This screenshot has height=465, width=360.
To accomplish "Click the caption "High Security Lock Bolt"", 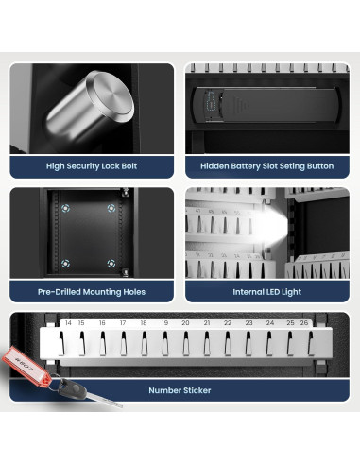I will coord(92,166).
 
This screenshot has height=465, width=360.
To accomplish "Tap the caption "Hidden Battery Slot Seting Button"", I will coord(267,166).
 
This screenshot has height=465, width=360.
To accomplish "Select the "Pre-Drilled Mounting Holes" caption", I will coord(92,292).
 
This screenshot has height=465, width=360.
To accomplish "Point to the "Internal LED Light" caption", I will coord(267,292).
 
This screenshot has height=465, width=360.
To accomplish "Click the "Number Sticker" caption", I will coord(180,388).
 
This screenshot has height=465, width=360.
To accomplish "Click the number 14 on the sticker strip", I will coord(68,323).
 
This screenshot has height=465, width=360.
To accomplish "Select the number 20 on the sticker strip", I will coord(185,323).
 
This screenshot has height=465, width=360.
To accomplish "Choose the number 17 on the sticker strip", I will coord(123,323).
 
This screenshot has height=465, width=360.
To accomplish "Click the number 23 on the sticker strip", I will coord(249,323).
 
